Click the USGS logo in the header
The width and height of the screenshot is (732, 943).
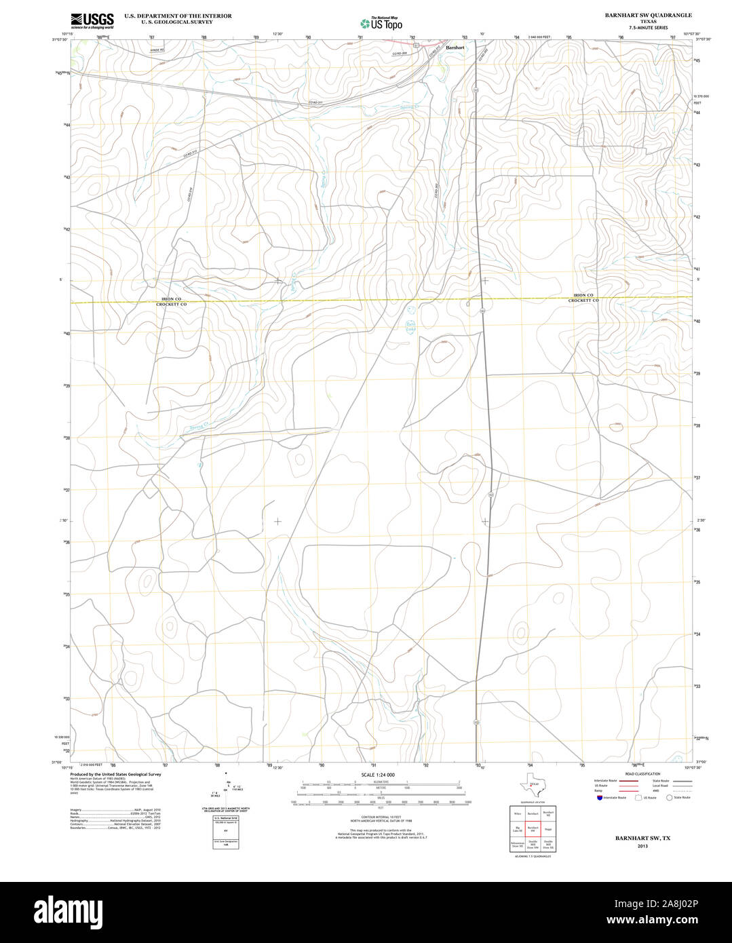(92, 20)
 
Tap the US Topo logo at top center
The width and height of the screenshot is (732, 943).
(381, 22)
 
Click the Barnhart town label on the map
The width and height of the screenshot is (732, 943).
(455, 47)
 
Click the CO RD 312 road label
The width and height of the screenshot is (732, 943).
(189, 154)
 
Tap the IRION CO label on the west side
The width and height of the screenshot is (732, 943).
(171, 299)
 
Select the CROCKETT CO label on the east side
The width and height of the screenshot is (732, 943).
(583, 300)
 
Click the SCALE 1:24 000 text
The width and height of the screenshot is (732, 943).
(378, 775)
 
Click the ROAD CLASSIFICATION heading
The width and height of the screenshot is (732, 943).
(642, 774)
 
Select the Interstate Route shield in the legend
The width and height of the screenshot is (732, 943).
(600, 798)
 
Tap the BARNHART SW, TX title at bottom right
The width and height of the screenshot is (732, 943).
(642, 839)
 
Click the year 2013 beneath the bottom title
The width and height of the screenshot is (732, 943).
(642, 846)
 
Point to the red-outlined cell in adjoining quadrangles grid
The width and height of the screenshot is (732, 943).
(533, 828)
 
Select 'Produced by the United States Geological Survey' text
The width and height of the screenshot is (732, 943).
(115, 774)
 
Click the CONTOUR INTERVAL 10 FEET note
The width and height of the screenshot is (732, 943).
(381, 817)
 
